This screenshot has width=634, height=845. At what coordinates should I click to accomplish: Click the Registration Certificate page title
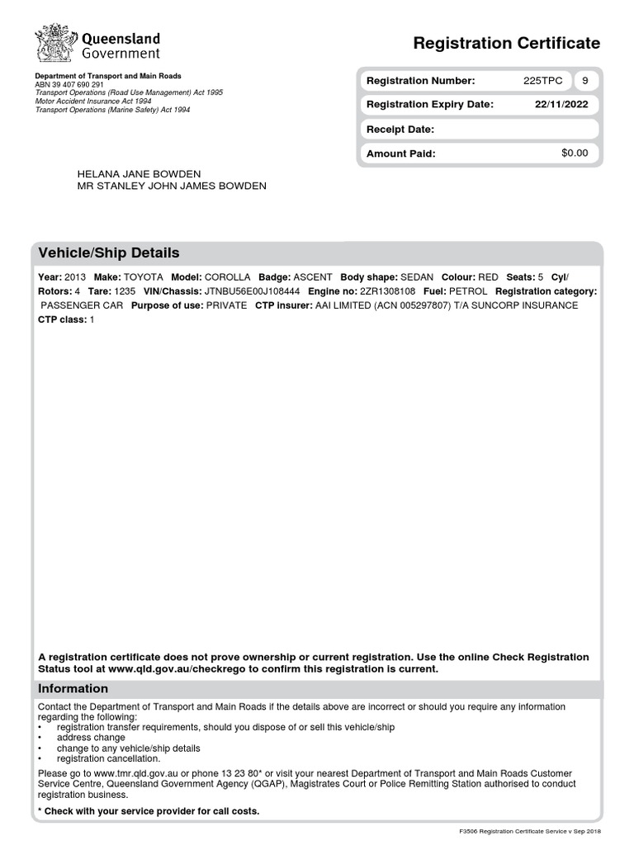[x=506, y=44]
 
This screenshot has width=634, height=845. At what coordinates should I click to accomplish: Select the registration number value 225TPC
[x=543, y=81]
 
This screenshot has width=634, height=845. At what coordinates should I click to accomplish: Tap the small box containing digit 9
[x=585, y=81]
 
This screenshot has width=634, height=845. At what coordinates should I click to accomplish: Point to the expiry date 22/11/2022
[x=561, y=105]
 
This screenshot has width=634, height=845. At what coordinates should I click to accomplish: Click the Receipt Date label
[x=400, y=130]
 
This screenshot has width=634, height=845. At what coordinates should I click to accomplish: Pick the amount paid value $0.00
[x=575, y=153]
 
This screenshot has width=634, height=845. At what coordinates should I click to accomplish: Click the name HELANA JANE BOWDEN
[x=139, y=174]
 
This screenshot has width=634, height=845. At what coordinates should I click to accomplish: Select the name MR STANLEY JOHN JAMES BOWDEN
[x=172, y=186]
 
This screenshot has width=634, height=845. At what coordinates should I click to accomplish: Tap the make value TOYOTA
[x=144, y=278]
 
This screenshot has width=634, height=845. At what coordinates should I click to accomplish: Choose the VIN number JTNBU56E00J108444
[x=252, y=292]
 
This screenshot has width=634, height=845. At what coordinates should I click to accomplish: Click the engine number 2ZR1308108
[x=388, y=292]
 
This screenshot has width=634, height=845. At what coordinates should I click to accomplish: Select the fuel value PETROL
[x=468, y=292]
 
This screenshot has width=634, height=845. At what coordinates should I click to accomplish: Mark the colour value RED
[x=488, y=278]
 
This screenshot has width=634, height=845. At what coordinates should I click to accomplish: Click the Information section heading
[x=73, y=688]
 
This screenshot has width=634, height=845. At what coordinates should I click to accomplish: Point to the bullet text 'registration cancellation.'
[x=109, y=758]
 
